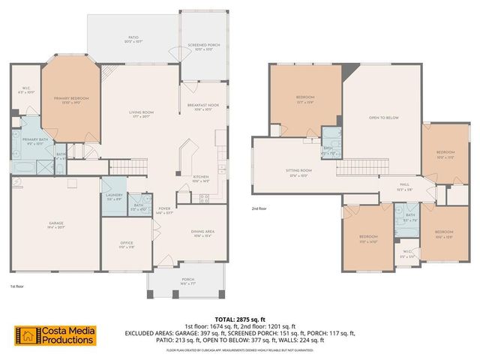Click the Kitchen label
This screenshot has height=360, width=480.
click(x=200, y=178)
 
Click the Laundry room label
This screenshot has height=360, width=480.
click(x=114, y=196)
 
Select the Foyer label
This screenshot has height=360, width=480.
click(x=164, y=210)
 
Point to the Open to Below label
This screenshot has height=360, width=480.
click(x=383, y=118)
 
